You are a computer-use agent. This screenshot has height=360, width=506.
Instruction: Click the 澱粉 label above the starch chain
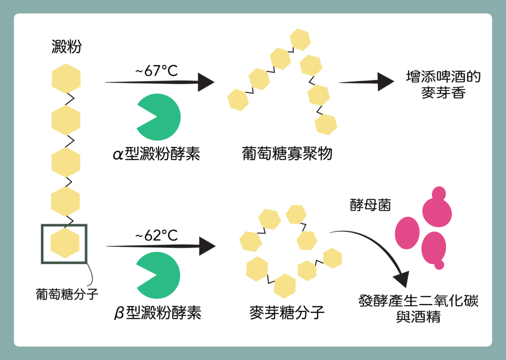click(x=67, y=46)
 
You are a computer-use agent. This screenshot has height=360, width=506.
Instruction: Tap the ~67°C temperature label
click(x=157, y=71)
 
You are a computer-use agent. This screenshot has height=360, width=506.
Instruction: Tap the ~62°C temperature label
click(x=157, y=235)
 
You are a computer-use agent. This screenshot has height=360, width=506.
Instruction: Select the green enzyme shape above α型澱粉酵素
click(x=159, y=117)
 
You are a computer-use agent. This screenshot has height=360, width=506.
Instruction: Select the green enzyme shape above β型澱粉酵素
click(x=158, y=275)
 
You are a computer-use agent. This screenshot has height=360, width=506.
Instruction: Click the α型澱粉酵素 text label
click(x=157, y=154)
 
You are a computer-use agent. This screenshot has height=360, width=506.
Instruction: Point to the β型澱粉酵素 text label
click(x=158, y=313)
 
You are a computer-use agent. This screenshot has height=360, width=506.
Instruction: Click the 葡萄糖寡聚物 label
click(x=287, y=154)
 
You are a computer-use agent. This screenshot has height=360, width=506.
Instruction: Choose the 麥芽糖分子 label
click(x=287, y=313)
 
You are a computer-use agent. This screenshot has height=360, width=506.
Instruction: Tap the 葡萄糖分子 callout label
click(x=67, y=294)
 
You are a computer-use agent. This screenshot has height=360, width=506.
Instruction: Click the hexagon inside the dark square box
click(x=65, y=243)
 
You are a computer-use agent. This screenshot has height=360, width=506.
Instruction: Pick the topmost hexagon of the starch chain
click(x=66, y=79)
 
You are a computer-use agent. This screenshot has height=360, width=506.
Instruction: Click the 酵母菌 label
click(x=371, y=205)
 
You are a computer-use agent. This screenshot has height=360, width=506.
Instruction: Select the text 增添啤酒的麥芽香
click(x=443, y=85)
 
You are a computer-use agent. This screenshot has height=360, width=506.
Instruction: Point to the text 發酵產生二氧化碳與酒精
click(x=419, y=309)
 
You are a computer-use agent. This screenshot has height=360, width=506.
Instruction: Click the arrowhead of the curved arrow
click(x=402, y=278)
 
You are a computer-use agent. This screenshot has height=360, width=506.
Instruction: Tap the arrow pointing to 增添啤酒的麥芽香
click(x=367, y=82)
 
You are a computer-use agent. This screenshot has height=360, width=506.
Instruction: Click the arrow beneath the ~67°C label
click(x=160, y=82)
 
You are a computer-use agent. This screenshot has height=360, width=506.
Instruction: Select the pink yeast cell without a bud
click(x=407, y=233)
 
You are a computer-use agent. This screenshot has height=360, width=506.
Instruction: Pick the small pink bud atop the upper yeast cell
click(x=439, y=193)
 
